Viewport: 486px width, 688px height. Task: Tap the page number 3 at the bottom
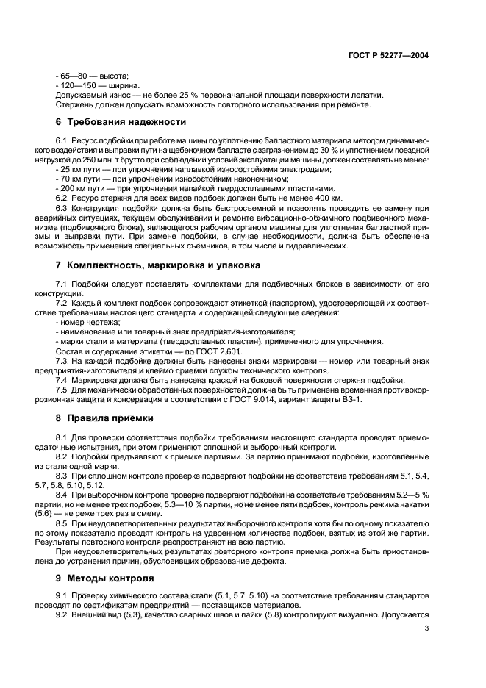[426, 629]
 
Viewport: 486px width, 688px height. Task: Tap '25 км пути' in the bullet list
[80, 169]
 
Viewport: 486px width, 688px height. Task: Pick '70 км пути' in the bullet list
[80, 179]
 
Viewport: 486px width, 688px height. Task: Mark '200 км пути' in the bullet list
[82, 188]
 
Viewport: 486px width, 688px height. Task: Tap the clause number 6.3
[62, 207]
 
